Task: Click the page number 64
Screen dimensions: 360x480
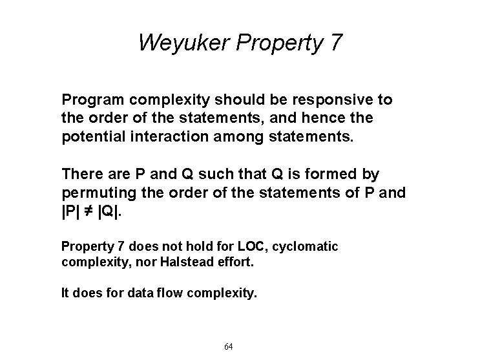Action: click(x=228, y=346)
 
